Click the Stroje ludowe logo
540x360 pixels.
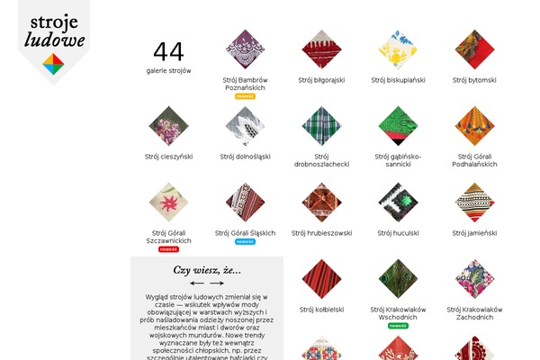tap(53, 40)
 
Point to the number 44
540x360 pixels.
tap(168, 52)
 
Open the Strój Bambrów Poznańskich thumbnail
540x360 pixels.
tap(246, 49)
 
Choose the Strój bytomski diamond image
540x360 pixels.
tap(474, 49)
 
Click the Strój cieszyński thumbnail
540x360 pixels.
tap(168, 126)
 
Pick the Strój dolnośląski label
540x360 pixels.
tap(246, 157)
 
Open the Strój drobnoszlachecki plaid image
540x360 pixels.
tap(321, 126)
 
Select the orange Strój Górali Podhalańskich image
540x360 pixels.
tap(474, 126)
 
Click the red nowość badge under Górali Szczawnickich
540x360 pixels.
tap(168, 249)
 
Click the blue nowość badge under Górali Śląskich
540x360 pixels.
tap(246, 241)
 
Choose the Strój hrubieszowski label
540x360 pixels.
tap(321, 233)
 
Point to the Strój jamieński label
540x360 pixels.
tap(474, 233)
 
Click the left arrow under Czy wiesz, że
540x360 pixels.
tap(197, 283)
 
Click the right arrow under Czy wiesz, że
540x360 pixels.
tap(217, 283)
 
